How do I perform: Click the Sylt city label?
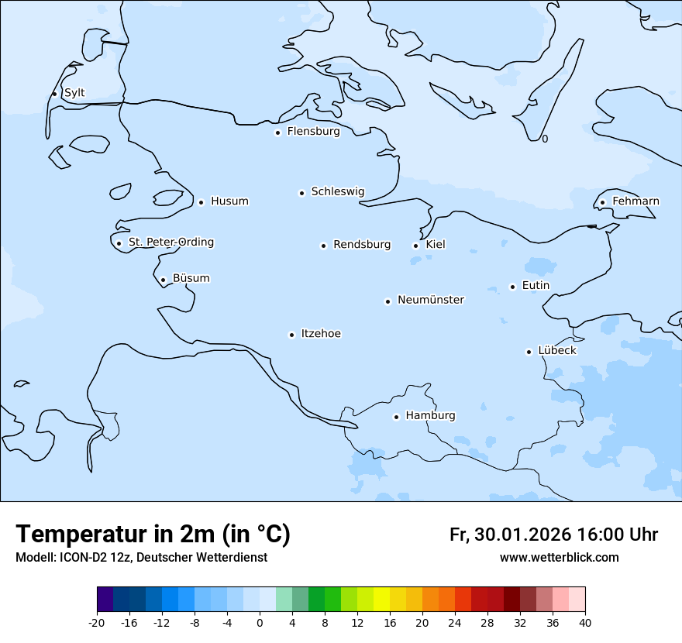[74, 93]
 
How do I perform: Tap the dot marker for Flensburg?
[277, 132]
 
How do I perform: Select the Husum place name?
[229, 201]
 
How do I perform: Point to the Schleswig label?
[337, 191]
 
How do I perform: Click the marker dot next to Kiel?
[416, 246]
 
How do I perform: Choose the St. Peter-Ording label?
[170, 242]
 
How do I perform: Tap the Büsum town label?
[191, 278]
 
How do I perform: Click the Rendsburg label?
[362, 245]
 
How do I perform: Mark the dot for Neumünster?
[387, 301]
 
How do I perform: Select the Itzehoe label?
[321, 334]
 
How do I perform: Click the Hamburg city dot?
[396, 417]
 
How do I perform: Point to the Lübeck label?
[557, 350]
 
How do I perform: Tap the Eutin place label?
[536, 285]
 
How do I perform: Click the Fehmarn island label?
[635, 201]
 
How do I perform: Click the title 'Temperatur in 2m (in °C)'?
[153, 535]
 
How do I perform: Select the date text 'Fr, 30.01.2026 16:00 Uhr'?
[553, 535]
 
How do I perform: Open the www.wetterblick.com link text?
[559, 557]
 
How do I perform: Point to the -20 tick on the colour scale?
[97, 622]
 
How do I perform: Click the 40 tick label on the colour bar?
[585, 622]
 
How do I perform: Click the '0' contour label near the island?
[545, 139]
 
